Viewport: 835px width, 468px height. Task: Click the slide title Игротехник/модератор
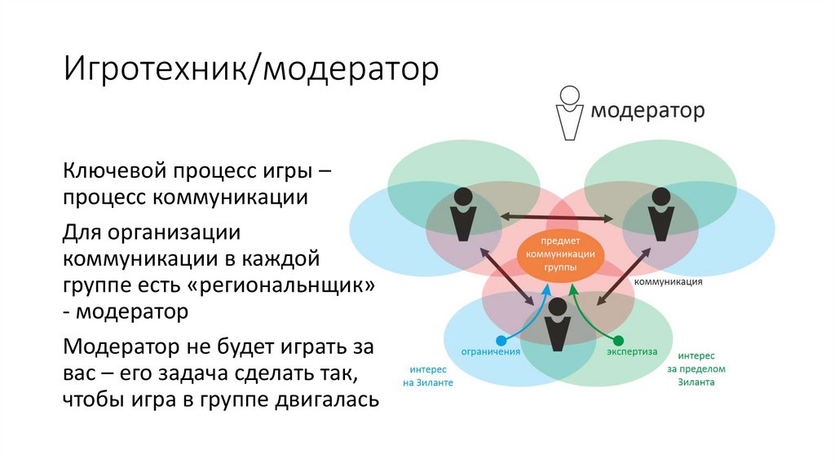(x=252, y=69)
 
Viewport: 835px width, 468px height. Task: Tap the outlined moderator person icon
(x=570, y=113)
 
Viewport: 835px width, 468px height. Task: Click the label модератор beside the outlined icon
(x=647, y=110)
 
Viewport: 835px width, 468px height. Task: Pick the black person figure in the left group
(x=462, y=214)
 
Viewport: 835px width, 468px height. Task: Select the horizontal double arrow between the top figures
(x=558, y=217)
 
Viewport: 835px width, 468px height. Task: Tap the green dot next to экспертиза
(x=618, y=340)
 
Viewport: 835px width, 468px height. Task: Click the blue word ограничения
(x=491, y=352)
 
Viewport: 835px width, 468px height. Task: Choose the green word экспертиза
(x=632, y=352)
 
